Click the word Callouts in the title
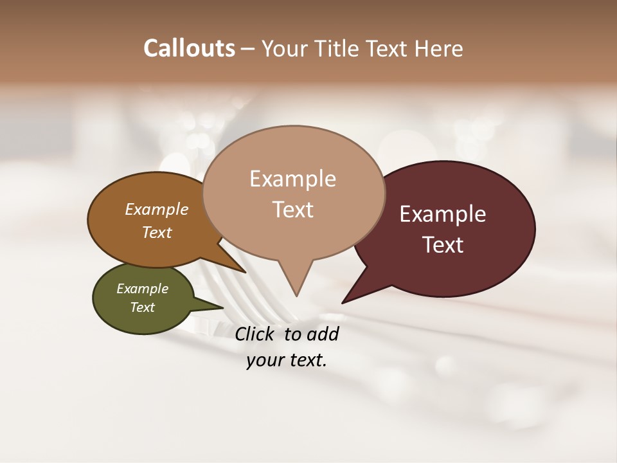coord(189,48)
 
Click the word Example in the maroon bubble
coord(443,214)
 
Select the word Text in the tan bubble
coord(293,210)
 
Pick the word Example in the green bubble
coord(142,289)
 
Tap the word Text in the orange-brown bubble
coord(157,232)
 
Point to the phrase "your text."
coord(287,360)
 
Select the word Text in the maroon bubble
coord(443,245)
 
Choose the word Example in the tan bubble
coord(293,179)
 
